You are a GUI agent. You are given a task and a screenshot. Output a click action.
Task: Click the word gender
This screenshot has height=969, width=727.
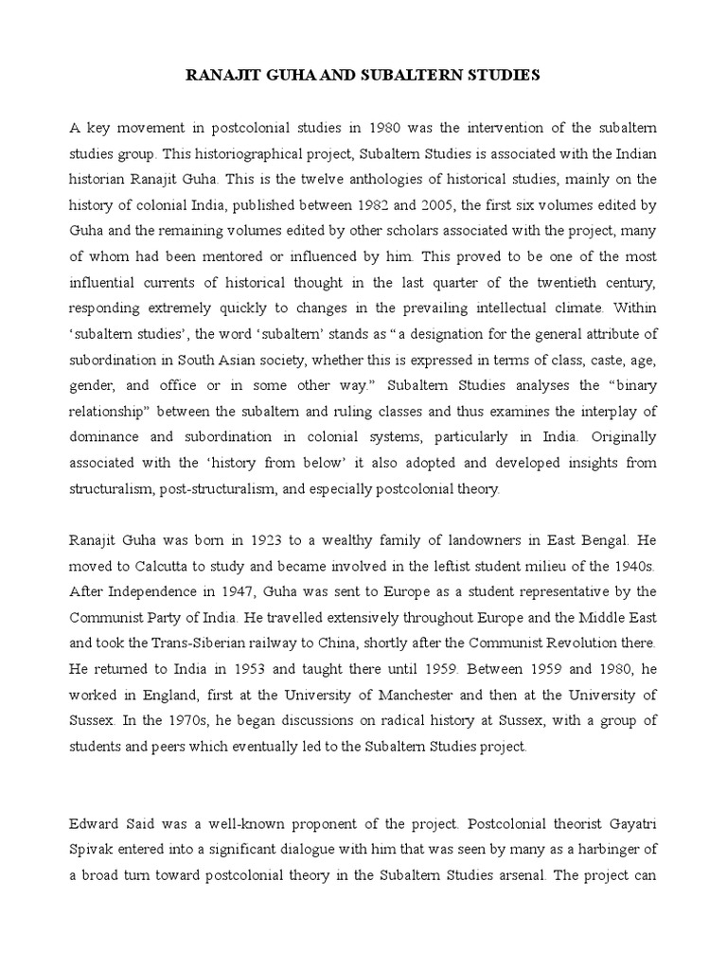(x=92, y=386)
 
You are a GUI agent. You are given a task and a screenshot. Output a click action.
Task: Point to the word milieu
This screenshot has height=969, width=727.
(x=491, y=566)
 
